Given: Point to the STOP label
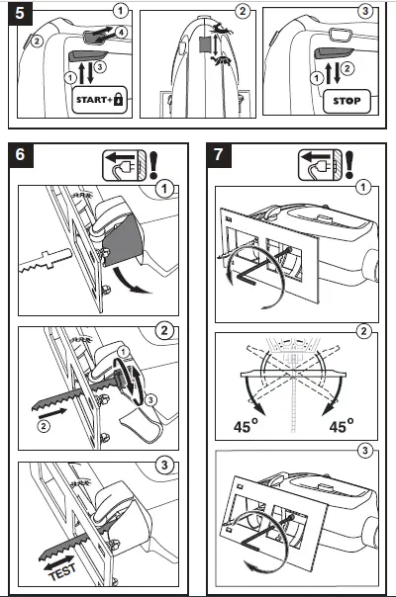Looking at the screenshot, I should coord(346,101).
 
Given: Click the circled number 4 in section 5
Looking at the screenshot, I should coord(121,32).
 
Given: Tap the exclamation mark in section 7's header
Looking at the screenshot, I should coord(377,162).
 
